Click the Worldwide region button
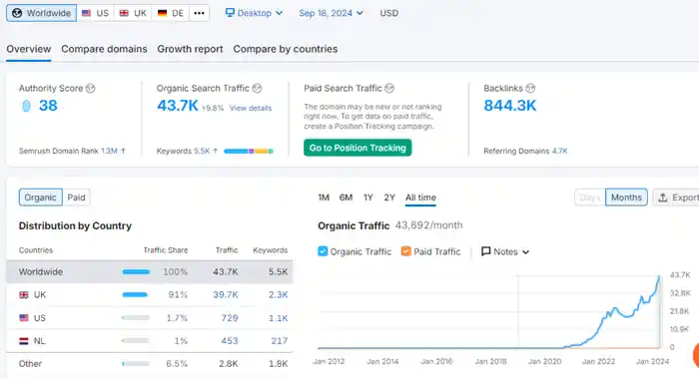[42, 13]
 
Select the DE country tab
[171, 13]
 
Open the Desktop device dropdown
[254, 13]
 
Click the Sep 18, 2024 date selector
[331, 13]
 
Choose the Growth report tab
[190, 49]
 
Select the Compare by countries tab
[286, 49]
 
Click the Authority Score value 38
[48, 106]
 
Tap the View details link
[251, 108]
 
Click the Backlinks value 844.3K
[510, 106]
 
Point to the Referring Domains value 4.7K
[560, 151]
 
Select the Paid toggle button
[76, 197]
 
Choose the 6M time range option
[346, 197]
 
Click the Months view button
[626, 197]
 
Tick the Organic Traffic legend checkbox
[323, 251]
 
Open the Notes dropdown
[505, 251]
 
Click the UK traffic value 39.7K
[225, 295]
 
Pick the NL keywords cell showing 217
[279, 341]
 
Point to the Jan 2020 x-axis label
[545, 361]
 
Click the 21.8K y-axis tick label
[680, 311]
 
